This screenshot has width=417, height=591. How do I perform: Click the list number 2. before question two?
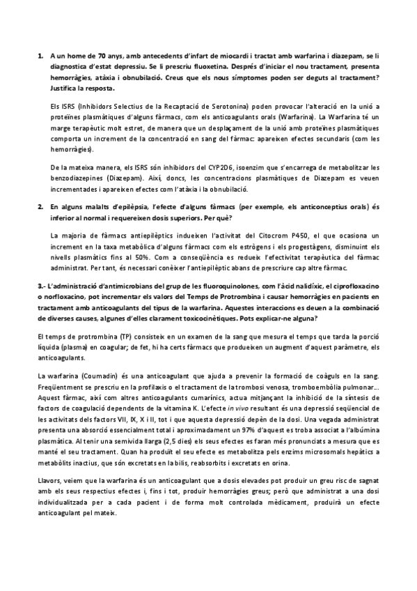pos(40,208)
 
